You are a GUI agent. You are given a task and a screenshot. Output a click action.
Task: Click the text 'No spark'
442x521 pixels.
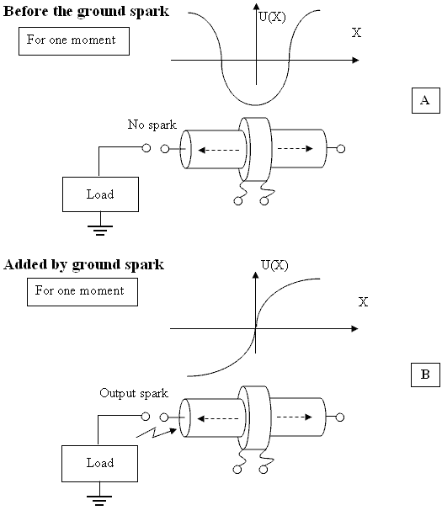152,125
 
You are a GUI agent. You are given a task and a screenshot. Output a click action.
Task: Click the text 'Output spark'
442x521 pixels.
134,393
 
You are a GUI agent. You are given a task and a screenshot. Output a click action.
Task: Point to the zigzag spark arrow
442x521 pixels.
157,433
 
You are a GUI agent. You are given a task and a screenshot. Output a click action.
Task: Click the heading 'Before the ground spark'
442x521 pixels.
86,12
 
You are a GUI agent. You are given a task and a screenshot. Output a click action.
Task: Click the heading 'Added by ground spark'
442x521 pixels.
83,265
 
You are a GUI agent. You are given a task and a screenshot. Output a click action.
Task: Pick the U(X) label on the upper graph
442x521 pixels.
272,17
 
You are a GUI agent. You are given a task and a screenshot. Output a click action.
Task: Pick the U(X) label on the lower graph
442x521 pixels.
274,265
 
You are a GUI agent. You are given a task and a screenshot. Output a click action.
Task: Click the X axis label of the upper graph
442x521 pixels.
356,33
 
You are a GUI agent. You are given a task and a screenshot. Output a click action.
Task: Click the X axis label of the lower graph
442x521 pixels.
363,301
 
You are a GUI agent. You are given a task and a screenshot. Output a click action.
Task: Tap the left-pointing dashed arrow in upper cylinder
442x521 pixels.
219,150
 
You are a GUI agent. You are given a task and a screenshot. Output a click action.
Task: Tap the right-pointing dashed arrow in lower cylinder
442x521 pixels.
294,417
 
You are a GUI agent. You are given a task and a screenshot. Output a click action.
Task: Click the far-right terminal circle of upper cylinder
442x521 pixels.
341,149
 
